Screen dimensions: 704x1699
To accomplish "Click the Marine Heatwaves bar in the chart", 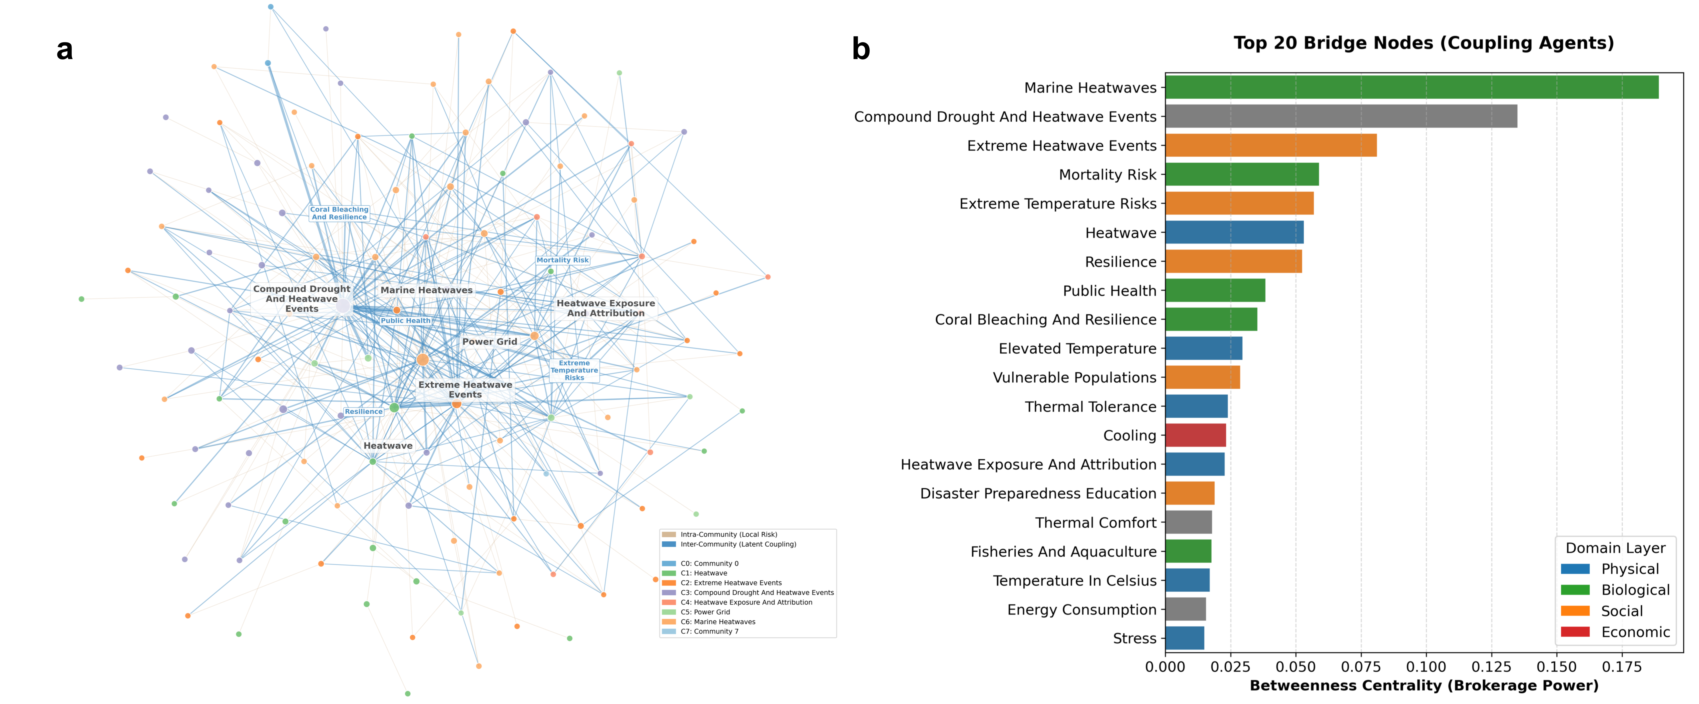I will coord(1411,87).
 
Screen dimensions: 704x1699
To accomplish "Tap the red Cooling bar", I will coord(1195,435).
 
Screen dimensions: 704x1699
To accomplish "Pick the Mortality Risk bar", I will coord(1241,174).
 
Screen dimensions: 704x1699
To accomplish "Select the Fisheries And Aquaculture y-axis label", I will coord(1063,552).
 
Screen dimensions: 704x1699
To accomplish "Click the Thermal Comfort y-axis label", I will coord(1095,523).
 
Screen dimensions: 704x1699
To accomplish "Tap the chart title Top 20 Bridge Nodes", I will coord(1423,43).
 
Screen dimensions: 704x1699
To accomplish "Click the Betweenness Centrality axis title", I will coord(1423,686).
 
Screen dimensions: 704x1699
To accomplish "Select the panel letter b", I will coord(861,50).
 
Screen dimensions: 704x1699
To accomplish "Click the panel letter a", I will coord(65,50).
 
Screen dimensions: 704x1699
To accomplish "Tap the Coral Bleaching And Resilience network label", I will coord(339,213).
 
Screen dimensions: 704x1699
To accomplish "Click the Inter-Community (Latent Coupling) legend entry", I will coord(737,544).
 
